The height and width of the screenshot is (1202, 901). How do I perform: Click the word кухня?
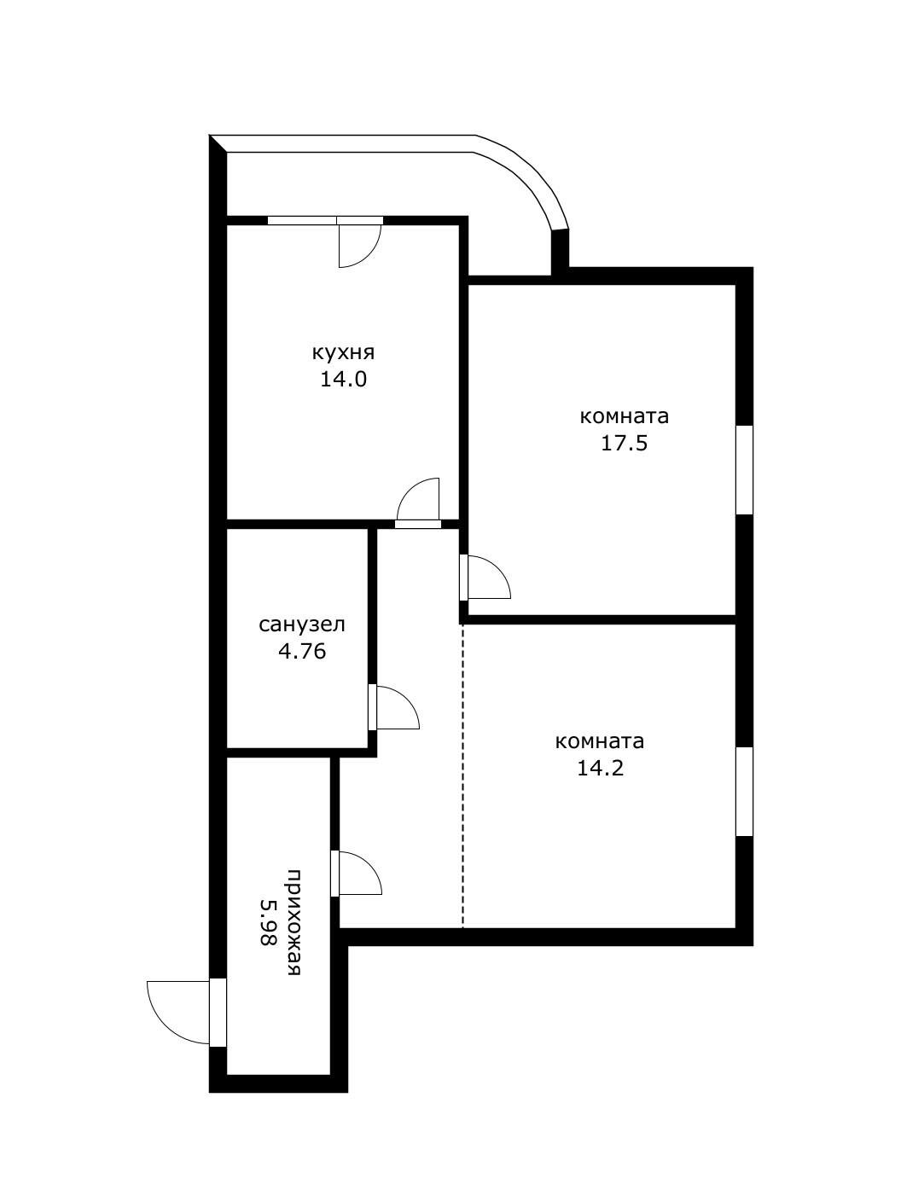point(343,352)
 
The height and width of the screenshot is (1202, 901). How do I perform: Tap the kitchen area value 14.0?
point(343,379)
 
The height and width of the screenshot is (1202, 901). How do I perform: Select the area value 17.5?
point(624,443)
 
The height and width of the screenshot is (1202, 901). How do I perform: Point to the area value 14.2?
point(601,769)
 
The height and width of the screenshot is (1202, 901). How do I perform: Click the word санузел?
point(302,624)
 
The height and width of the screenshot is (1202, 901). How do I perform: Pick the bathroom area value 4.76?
point(302,651)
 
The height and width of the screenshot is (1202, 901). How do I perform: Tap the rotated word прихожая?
point(294,922)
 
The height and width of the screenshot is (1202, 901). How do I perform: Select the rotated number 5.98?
point(268,922)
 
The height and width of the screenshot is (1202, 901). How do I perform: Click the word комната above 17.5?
point(624,416)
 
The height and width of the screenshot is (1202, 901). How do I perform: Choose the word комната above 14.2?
point(600,742)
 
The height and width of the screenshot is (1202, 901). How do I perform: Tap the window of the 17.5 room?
point(744,469)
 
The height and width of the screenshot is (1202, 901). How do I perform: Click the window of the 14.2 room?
point(744,792)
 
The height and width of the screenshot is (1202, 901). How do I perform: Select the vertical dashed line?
point(462,776)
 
